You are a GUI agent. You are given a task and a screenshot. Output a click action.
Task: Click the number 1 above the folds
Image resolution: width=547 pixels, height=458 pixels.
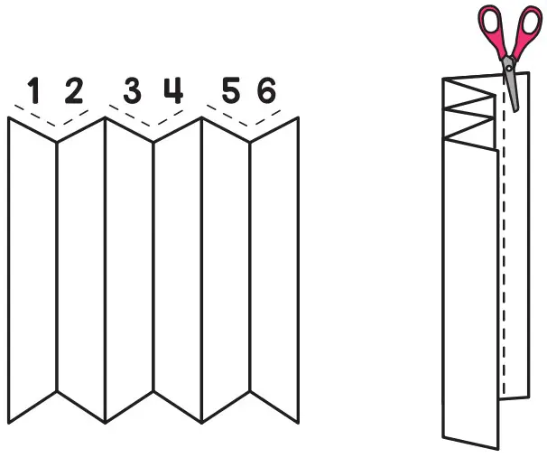(34, 91)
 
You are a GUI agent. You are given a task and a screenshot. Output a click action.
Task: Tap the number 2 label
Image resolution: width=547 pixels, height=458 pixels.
(73, 90)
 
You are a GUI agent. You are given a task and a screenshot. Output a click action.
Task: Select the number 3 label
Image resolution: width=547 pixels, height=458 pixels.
(132, 91)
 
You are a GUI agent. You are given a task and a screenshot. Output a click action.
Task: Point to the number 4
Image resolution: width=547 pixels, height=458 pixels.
(172, 90)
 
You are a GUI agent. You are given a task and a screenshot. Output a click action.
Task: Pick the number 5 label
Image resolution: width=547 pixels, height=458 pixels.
(230, 91)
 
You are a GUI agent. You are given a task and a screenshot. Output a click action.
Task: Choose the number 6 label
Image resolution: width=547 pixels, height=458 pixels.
(266, 91)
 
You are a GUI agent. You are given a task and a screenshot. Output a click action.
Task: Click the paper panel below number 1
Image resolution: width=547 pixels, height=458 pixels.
(32, 271)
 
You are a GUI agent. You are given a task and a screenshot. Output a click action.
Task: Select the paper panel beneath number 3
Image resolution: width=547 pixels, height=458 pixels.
(129, 271)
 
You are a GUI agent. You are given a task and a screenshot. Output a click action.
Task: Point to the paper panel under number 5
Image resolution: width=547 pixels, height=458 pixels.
(225, 271)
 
